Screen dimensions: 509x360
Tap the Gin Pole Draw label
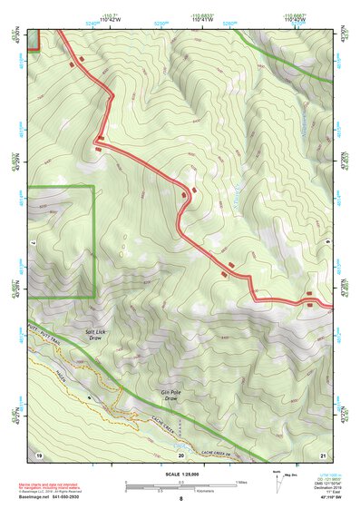(172, 393)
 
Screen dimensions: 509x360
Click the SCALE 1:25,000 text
(180, 473)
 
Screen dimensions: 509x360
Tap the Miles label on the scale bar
(240, 482)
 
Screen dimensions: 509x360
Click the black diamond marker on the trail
(89, 397)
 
